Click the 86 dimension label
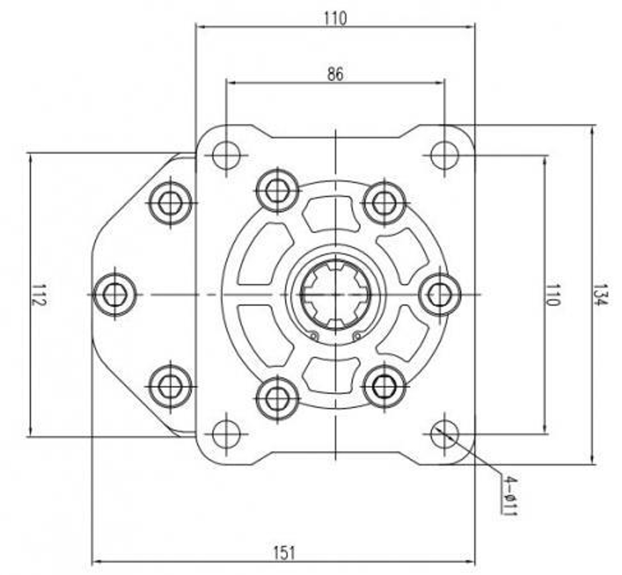pyautogui.click(x=335, y=74)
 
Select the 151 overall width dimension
pyautogui.click(x=284, y=551)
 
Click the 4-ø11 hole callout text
pyautogui.click(x=509, y=497)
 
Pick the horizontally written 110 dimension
pyautogui.click(x=335, y=19)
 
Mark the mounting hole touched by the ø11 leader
pyautogui.click(x=444, y=433)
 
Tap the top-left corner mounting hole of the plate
pyautogui.click(x=226, y=154)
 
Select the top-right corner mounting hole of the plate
pyautogui.click(x=444, y=154)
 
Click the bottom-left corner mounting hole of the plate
pyautogui.click(x=226, y=433)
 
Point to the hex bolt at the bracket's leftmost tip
pyautogui.click(x=115, y=294)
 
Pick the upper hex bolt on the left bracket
pyautogui.click(x=170, y=202)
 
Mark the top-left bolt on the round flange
pyautogui.click(x=277, y=190)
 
